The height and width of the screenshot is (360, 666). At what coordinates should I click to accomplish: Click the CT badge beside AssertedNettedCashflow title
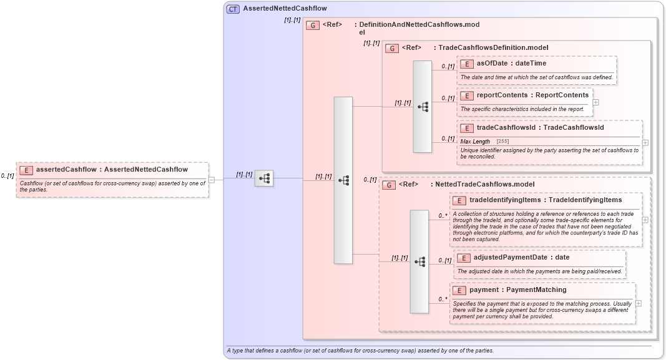click(x=233, y=9)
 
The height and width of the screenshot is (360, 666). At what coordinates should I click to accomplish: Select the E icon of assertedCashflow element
click(x=26, y=170)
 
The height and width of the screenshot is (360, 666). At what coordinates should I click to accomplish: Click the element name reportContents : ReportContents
click(x=532, y=95)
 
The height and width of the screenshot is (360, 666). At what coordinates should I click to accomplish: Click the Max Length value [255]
click(x=502, y=142)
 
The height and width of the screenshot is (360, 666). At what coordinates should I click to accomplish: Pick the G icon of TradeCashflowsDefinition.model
click(x=392, y=48)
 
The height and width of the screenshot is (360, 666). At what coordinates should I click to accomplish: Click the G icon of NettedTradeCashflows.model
click(x=388, y=185)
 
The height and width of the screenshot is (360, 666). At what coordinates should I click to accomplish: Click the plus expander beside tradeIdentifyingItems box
click(x=645, y=220)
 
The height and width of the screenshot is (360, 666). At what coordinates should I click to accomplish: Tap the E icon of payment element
click(x=459, y=290)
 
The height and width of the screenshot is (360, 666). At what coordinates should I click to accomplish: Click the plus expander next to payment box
click(x=638, y=303)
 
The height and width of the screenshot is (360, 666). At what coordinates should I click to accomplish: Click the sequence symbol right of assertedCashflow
click(x=264, y=178)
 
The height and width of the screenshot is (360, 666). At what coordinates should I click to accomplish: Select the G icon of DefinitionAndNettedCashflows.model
click(x=312, y=26)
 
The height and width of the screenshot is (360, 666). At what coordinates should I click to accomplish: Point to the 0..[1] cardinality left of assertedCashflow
click(x=7, y=176)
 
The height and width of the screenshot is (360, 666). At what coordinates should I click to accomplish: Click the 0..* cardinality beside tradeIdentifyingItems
click(x=443, y=216)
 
